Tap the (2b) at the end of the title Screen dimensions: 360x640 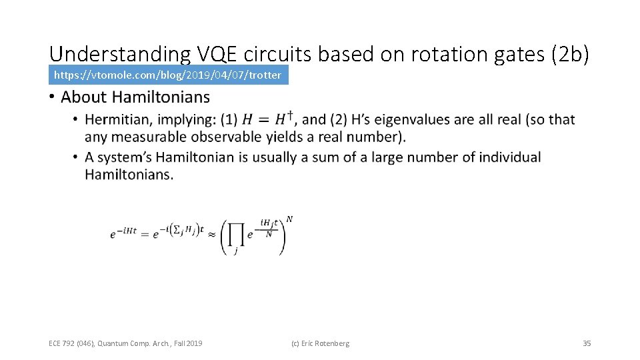(x=571, y=55)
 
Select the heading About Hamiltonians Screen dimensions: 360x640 (x=135, y=97)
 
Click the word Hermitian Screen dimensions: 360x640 (x=116, y=120)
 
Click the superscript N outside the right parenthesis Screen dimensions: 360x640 (x=289, y=219)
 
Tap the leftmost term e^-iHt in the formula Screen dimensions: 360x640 (x=123, y=234)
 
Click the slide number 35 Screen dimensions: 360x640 (x=587, y=343)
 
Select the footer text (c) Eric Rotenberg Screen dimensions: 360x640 (x=320, y=343)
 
